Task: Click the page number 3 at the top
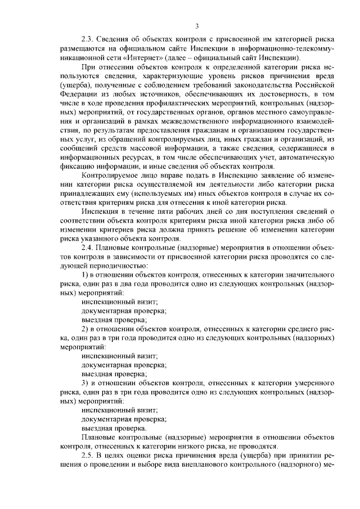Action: [x=197, y=26]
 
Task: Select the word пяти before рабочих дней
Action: [x=161, y=211]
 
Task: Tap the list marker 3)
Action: [x=85, y=382]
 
